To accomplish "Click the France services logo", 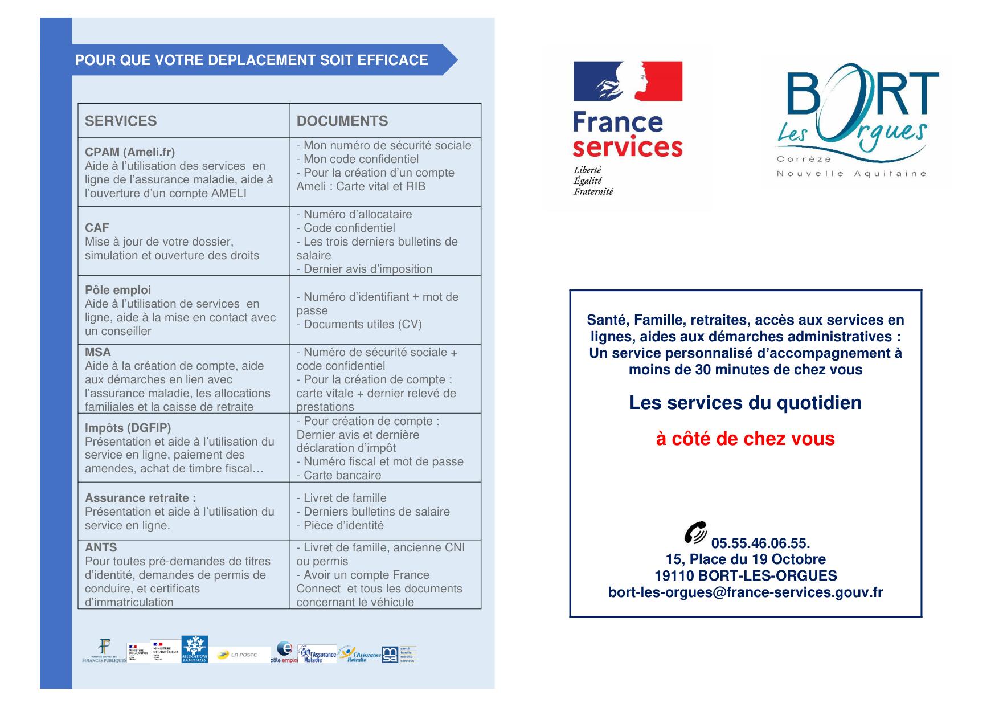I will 627,128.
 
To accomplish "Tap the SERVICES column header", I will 121,121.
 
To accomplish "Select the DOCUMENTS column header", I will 342,121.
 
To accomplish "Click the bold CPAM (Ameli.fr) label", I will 130,152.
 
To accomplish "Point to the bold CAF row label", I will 97,228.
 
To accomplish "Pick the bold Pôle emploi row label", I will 118,290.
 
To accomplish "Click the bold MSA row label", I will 98,352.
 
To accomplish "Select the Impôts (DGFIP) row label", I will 128,428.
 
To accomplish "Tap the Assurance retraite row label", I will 140,498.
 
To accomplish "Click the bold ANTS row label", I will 101,547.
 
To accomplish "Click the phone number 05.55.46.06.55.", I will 760,543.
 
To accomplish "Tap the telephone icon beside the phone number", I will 695,532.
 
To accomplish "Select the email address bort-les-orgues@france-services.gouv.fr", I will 746,592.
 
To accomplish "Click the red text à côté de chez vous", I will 745,439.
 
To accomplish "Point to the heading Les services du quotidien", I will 745,403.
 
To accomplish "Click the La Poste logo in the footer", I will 238,655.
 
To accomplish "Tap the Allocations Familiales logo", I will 195,649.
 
